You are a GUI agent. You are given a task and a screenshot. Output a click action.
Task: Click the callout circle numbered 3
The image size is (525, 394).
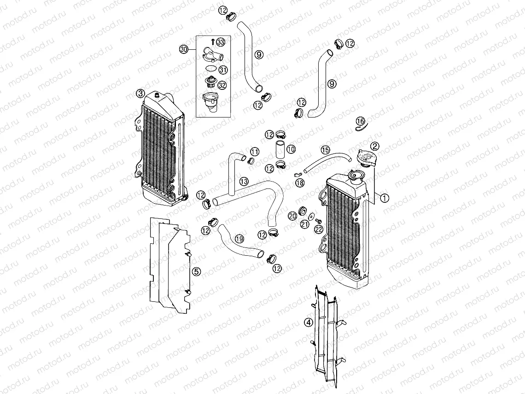click(x=140, y=94)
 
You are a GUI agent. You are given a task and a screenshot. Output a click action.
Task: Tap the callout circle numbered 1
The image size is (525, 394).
click(x=384, y=198)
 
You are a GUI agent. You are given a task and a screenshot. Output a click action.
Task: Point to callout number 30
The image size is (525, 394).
click(x=184, y=49)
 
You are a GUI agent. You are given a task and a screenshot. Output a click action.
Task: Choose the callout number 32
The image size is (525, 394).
click(x=222, y=85)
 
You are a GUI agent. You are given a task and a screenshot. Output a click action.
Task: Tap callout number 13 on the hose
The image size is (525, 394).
click(x=244, y=181)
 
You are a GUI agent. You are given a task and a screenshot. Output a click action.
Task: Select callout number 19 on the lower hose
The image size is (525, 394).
click(x=239, y=238)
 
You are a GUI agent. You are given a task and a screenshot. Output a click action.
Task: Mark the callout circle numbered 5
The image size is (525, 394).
click(x=197, y=271)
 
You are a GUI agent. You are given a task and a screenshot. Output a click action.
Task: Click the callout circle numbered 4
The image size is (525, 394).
click(x=309, y=323)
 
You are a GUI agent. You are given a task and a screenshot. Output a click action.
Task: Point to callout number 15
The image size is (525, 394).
click(x=325, y=150)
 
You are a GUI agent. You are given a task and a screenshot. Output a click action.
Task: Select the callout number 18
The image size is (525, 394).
click(x=300, y=183)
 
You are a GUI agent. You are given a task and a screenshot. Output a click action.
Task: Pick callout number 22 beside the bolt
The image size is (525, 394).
click(x=319, y=229)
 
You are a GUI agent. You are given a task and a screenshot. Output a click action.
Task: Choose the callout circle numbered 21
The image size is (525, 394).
click(x=304, y=224)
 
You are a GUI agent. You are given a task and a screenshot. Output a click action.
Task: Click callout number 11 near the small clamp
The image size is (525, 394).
click(x=255, y=152)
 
